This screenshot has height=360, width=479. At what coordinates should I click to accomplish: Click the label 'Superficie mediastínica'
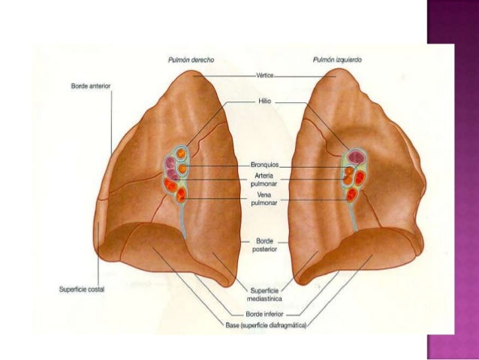point(264,295)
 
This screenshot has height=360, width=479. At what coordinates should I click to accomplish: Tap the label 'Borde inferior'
point(264,315)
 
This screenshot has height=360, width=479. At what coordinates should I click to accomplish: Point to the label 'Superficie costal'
point(82,287)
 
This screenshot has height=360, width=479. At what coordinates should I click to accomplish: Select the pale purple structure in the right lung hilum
point(171,162)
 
